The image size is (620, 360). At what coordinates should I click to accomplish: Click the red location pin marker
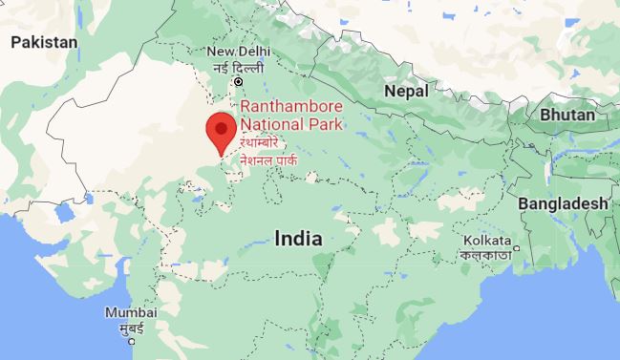click(x=222, y=130)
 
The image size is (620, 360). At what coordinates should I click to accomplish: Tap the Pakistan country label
click(x=44, y=42)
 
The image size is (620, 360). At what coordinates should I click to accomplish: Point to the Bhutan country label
click(x=567, y=115)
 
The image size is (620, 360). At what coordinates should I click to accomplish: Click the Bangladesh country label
click(x=563, y=203)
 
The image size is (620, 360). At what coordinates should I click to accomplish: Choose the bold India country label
click(x=297, y=239)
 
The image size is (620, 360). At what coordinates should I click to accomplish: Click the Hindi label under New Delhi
click(x=237, y=67)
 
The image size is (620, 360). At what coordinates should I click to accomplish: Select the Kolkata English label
click(x=486, y=240)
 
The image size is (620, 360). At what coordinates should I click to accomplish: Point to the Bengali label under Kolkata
click(x=486, y=255)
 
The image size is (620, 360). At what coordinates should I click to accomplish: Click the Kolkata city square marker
click(x=516, y=250)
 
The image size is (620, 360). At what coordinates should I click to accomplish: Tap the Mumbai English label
click(x=131, y=313)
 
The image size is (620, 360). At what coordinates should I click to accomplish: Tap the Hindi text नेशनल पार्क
click(x=268, y=160)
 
